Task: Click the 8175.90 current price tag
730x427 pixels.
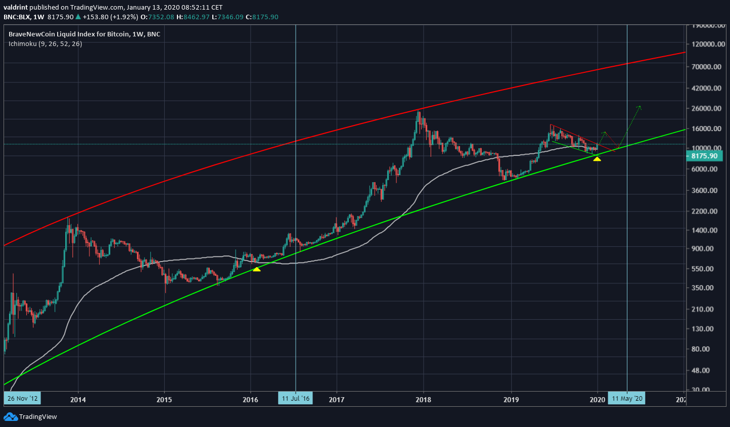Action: click(x=704, y=156)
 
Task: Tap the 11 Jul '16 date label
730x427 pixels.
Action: click(x=296, y=398)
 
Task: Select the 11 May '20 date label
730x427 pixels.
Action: click(x=627, y=398)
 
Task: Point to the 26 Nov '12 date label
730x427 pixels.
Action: click(x=22, y=398)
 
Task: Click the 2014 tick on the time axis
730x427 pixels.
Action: click(x=78, y=400)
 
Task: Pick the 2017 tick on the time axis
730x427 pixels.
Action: click(x=337, y=400)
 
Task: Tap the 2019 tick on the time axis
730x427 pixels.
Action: click(x=511, y=400)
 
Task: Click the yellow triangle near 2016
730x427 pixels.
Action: click(x=257, y=269)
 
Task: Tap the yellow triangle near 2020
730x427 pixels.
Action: click(x=597, y=159)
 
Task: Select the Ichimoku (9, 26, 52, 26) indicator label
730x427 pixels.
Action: click(x=45, y=44)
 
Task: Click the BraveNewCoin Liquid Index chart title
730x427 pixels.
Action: click(x=84, y=34)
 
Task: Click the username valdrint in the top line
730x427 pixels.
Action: click(x=15, y=8)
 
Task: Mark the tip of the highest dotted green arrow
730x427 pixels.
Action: click(x=640, y=106)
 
